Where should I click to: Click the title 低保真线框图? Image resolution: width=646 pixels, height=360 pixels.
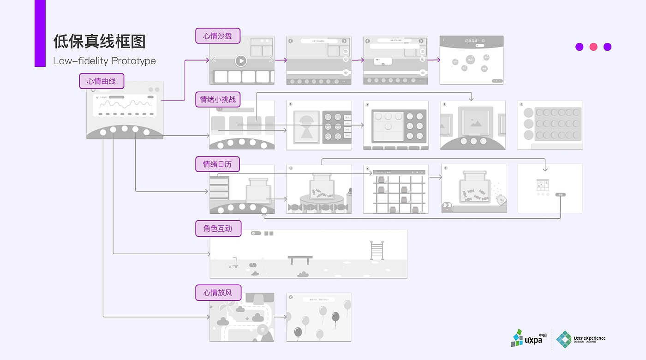coord(99,42)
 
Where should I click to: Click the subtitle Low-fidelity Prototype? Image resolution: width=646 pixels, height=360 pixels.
coord(104,61)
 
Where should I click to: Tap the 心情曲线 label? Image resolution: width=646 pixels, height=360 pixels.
coord(102,81)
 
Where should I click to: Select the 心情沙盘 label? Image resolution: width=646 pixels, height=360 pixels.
coord(218,36)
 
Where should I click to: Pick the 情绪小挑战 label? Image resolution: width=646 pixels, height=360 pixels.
coord(218,99)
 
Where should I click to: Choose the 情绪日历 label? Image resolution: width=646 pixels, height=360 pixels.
coord(218,164)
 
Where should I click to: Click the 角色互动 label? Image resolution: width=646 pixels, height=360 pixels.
coord(218,228)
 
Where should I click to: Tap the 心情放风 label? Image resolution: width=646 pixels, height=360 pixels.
coord(218,293)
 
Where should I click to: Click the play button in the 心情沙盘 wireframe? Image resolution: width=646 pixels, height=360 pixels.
coord(240,60)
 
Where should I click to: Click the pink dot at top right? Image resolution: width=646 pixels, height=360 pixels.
coord(593,47)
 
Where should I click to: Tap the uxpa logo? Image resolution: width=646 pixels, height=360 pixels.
coord(529,338)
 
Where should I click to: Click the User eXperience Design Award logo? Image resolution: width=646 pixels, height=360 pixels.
coord(581,339)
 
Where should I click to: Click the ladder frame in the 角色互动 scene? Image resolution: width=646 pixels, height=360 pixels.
coord(377,250)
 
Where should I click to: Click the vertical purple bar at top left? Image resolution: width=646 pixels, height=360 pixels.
coord(40,33)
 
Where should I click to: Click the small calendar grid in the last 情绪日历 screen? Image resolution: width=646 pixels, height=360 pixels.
coord(542,186)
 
